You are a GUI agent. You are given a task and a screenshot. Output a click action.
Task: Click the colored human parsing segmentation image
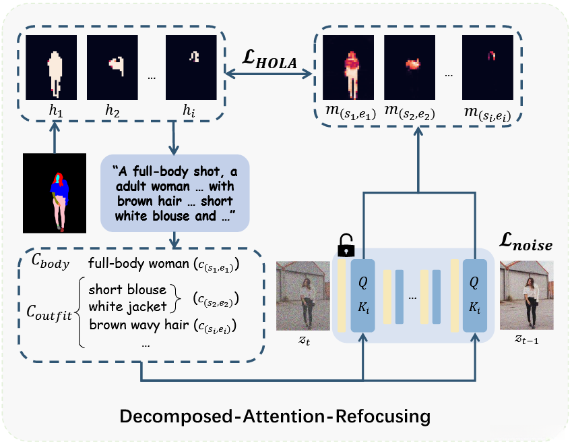(55, 193)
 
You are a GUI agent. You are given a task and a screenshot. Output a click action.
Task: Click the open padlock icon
(344, 245)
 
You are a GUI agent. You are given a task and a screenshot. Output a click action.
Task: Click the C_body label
(49, 264)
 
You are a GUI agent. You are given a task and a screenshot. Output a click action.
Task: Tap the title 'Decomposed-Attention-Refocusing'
(275, 415)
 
